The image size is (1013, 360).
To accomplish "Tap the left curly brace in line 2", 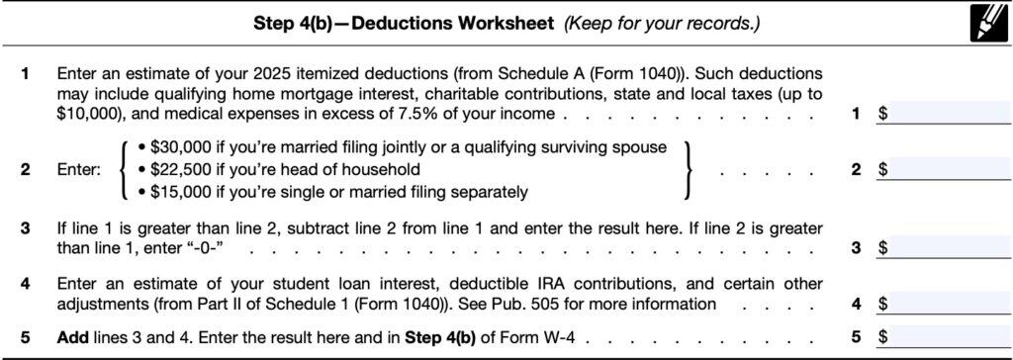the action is coord(124,169).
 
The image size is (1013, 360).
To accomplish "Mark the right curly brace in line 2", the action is coord(686,169).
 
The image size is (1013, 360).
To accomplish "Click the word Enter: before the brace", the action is coord(80,169).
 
